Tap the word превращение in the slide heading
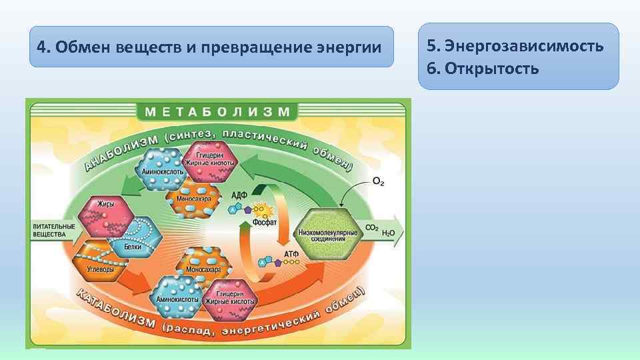click(x=262, y=47)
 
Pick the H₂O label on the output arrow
click(x=389, y=232)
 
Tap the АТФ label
click(x=291, y=255)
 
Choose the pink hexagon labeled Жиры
click(x=102, y=215)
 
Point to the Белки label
click(x=132, y=246)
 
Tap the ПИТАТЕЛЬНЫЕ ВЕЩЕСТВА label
click(x=53, y=231)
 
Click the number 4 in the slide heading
click(x=41, y=47)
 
